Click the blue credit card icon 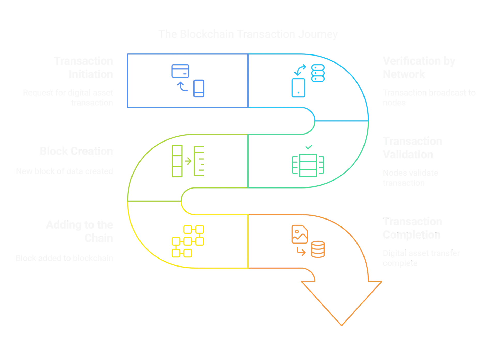[180, 71]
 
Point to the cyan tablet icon [298, 88]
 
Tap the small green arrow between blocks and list [188, 161]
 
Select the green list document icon [199, 161]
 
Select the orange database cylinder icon [318, 249]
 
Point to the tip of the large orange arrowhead [342, 326]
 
